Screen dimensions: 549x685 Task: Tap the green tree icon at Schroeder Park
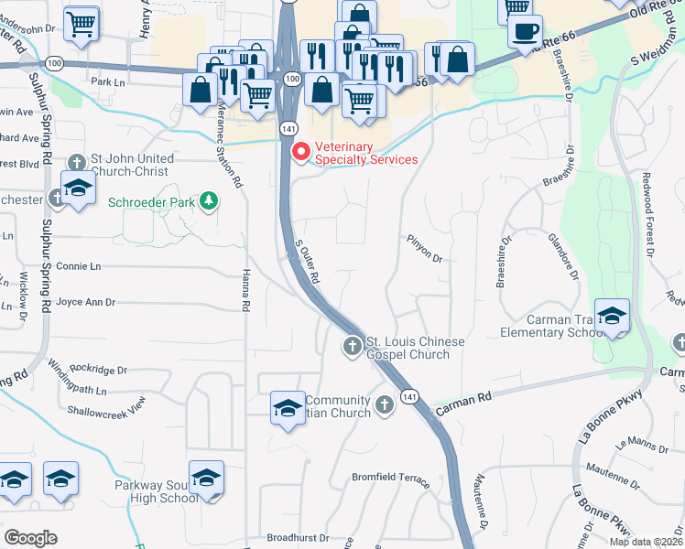(210, 200)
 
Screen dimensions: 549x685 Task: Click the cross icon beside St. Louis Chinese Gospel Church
(352, 346)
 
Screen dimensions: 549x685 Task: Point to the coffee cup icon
(525, 31)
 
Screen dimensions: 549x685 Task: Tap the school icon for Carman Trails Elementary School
(612, 317)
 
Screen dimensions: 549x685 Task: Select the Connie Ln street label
(78, 266)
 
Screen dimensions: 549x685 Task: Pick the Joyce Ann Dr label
(86, 301)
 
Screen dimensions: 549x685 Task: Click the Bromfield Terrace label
(391, 478)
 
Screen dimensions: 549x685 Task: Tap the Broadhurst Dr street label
(298, 538)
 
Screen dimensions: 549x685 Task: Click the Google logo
(30, 537)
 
